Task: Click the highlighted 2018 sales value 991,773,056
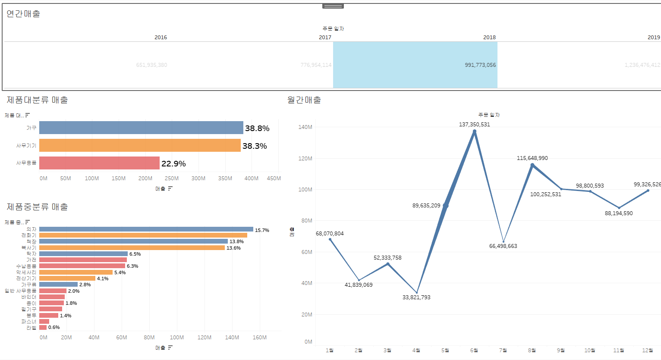coord(480,65)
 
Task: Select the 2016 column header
coord(161,38)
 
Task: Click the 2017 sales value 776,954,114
coord(316,65)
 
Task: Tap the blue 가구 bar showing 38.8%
coord(141,128)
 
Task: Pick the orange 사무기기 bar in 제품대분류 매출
coord(140,145)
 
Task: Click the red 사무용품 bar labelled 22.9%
coord(99,163)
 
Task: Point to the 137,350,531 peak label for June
coord(474,125)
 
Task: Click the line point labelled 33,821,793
coord(417,293)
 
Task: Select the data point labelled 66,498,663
coord(504,242)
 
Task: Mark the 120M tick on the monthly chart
coord(305,159)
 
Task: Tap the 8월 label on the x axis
coord(532,351)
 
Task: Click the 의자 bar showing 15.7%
coord(146,229)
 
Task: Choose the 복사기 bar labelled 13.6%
coord(132,248)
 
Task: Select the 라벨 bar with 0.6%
coord(43,328)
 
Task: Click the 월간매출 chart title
coord(304,100)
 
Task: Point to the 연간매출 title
coord(23,14)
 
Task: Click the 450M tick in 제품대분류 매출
coord(274,178)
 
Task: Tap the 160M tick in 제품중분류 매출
coord(259,338)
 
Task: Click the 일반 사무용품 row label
coord(21,291)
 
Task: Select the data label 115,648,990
coord(532,158)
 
